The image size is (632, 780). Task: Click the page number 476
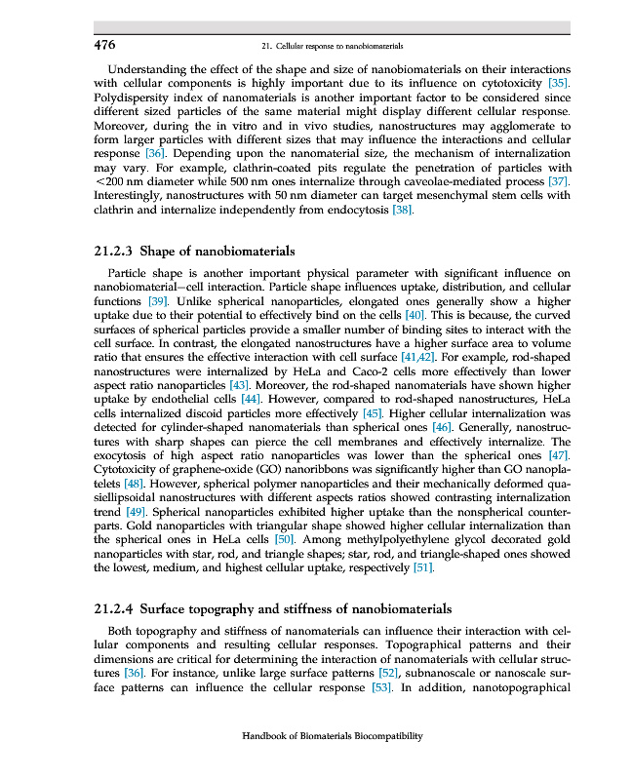click(104, 45)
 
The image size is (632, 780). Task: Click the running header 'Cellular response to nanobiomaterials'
click(334, 46)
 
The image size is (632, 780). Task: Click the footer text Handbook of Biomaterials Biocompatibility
click(332, 737)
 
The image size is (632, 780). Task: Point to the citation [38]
click(402, 211)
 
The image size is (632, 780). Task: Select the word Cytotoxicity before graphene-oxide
click(130, 470)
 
